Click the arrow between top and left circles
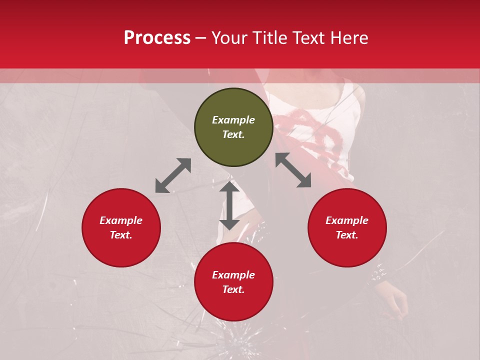[x=173, y=175]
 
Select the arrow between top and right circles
[x=293, y=170]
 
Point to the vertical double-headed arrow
[x=229, y=205]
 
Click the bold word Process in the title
[x=157, y=37]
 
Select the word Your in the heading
[x=229, y=37]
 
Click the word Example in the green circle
[x=233, y=120]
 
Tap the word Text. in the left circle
[x=121, y=235]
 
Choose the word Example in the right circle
[x=347, y=220]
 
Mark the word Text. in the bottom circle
[x=233, y=289]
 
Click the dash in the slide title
[x=201, y=38]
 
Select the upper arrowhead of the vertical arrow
[x=229, y=187]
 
